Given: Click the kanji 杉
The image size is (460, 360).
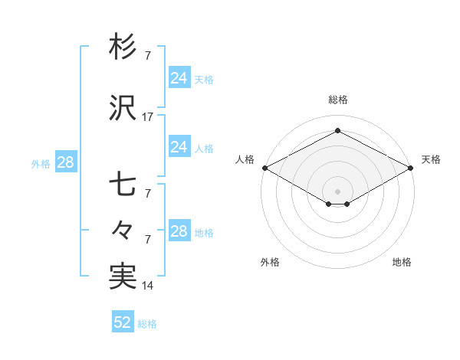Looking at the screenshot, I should pyautogui.click(x=123, y=47).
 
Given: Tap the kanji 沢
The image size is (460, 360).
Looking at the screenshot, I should pyautogui.click(x=123, y=109).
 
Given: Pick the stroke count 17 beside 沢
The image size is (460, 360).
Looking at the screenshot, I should pyautogui.click(x=148, y=117).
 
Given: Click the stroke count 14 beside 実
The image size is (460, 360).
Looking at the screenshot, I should pyautogui.click(x=148, y=286).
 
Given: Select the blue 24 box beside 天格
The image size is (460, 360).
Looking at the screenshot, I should pyautogui.click(x=179, y=78).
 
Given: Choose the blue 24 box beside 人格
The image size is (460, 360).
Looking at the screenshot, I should pyautogui.click(x=179, y=147).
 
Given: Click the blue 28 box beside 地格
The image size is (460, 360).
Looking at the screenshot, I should pyautogui.click(x=179, y=231).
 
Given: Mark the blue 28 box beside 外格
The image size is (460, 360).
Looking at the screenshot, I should pyautogui.click(x=65, y=162).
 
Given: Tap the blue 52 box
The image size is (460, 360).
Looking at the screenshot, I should pyautogui.click(x=123, y=322).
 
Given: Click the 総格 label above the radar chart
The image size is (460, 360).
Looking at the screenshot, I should pyautogui.click(x=338, y=100).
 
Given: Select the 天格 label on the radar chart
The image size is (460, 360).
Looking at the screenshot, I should pyautogui.click(x=431, y=159).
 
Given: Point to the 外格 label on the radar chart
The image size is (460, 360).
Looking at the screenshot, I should pyautogui.click(x=270, y=262).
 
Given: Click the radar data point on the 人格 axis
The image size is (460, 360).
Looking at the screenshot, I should pyautogui.click(x=264, y=168).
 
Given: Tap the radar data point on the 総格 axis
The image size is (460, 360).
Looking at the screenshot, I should pyautogui.click(x=337, y=130).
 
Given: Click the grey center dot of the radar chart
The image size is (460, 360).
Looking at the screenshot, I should pyautogui.click(x=337, y=191).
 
